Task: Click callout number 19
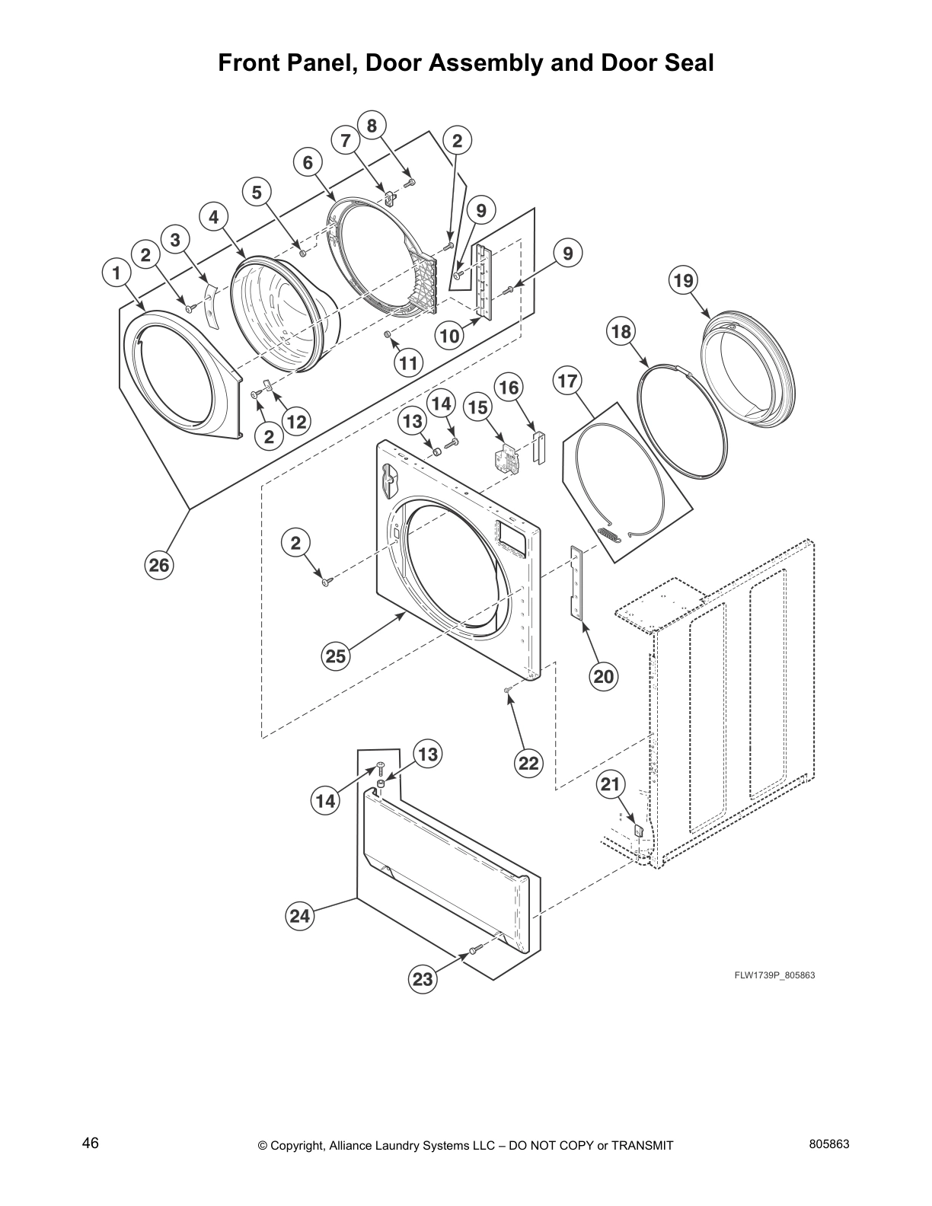(x=682, y=281)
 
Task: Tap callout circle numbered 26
(x=160, y=565)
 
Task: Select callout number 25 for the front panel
(x=336, y=656)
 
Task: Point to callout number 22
(x=528, y=763)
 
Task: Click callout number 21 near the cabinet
(x=611, y=784)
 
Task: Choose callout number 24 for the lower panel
(x=300, y=916)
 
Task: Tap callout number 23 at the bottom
(x=423, y=979)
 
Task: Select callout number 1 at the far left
(x=115, y=272)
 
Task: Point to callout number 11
(x=409, y=363)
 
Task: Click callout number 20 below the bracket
(x=604, y=676)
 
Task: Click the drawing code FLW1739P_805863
(x=774, y=975)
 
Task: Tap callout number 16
(x=509, y=388)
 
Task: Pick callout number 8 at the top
(x=372, y=125)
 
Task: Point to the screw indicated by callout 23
(x=473, y=950)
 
